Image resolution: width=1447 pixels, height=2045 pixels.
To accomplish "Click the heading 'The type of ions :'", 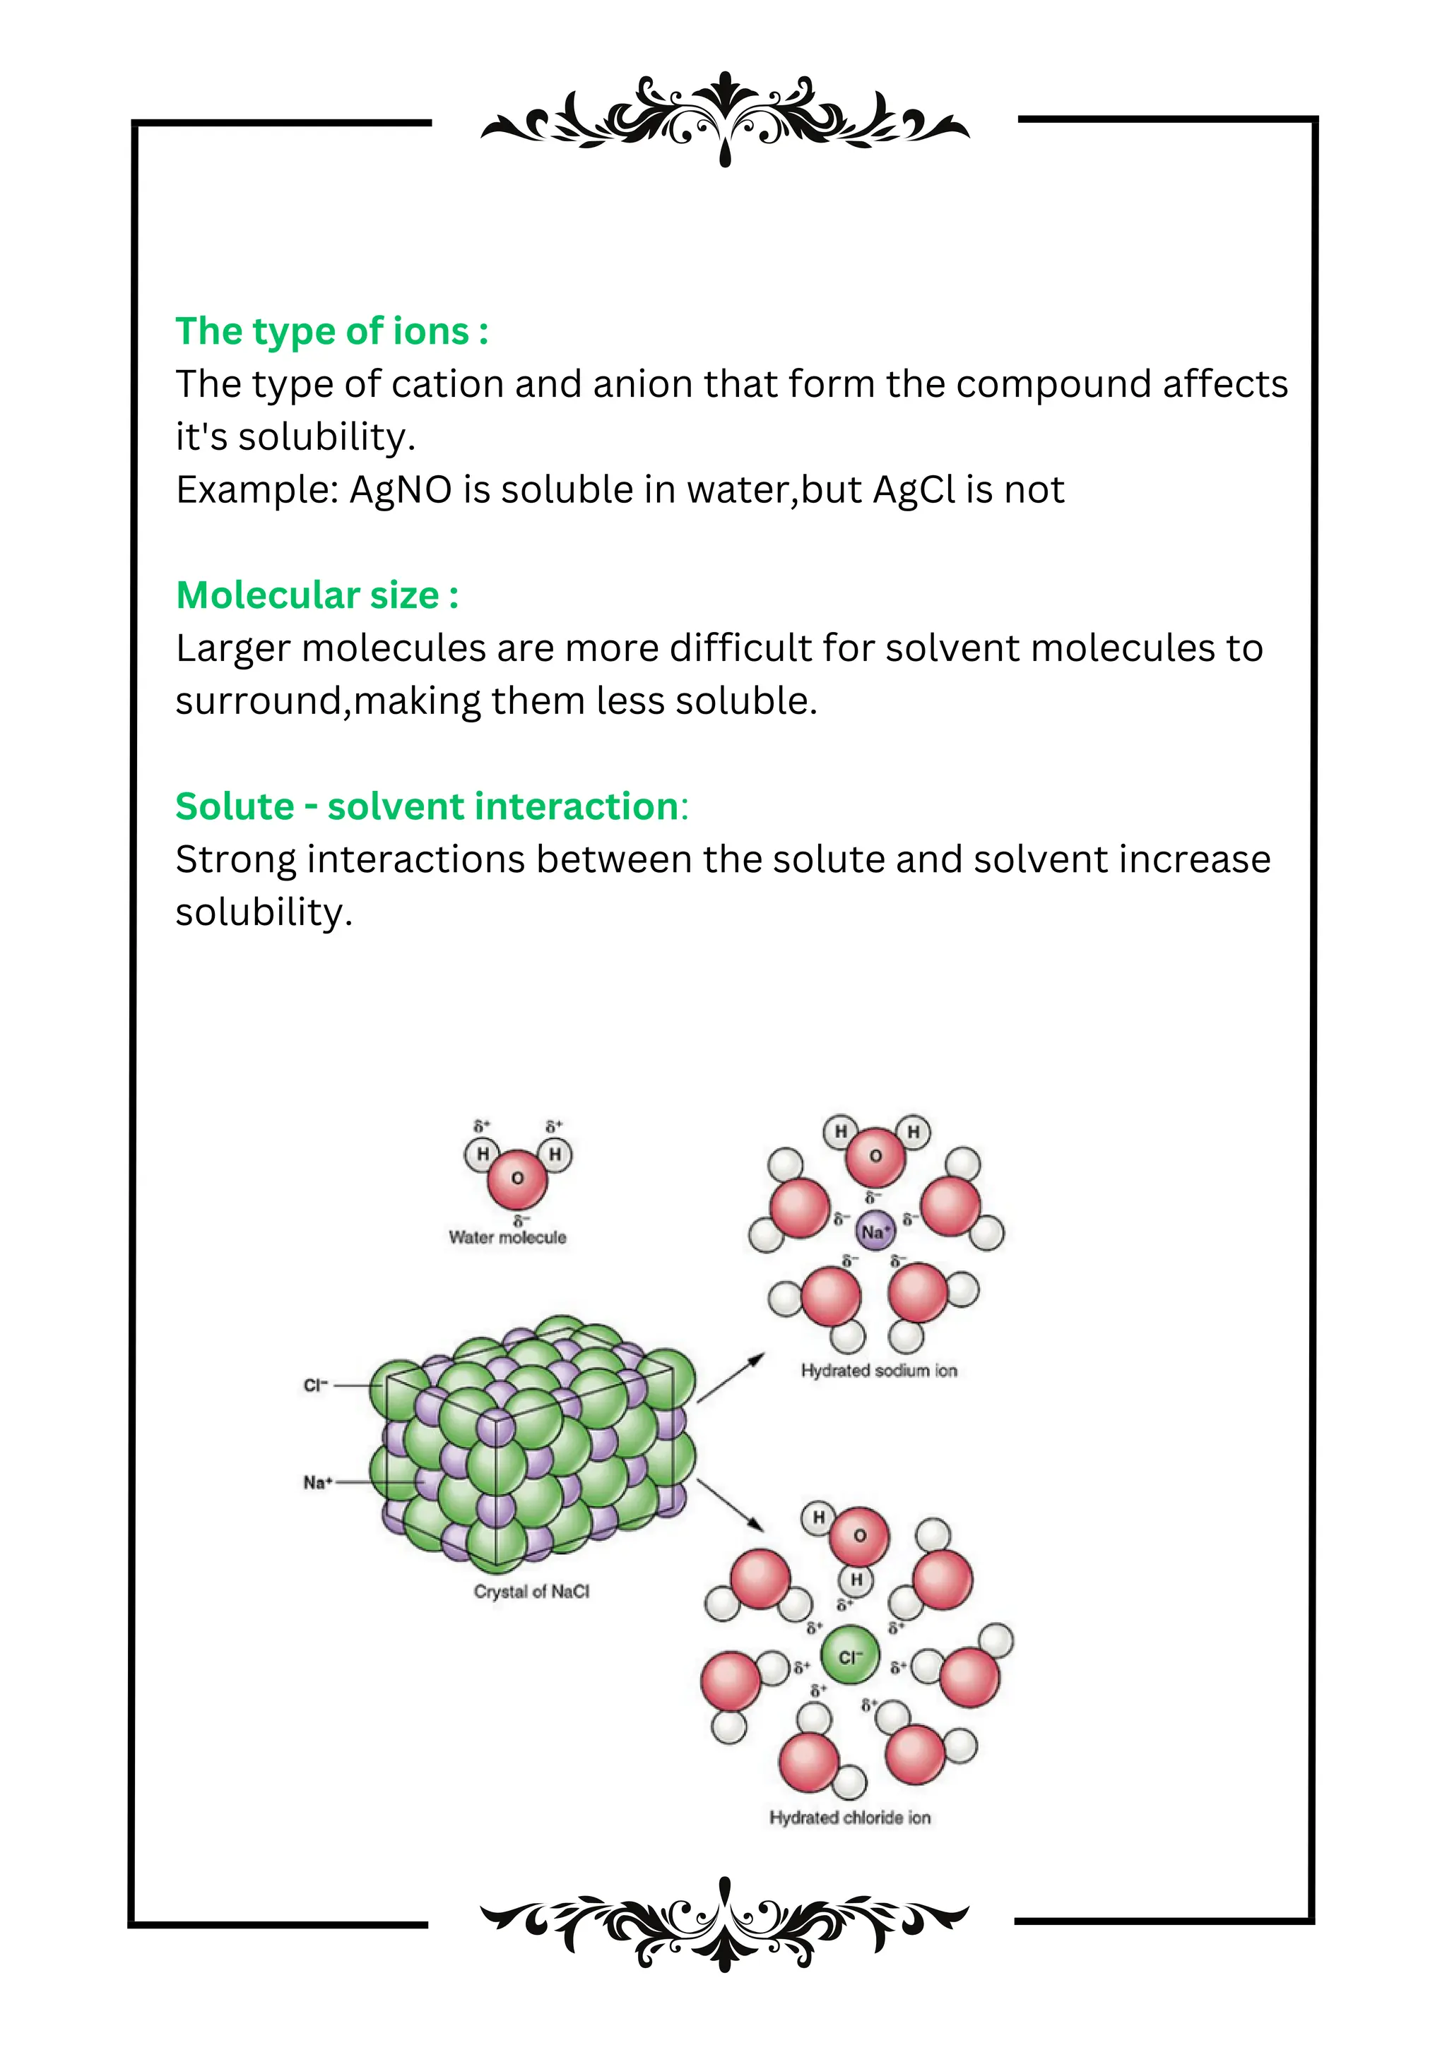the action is [331, 331].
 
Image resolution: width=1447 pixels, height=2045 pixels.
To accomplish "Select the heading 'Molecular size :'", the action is [317, 595].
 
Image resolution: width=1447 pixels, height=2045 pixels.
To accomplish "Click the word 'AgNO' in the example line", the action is [401, 490].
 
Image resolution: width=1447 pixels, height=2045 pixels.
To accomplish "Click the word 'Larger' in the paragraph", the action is [232, 648].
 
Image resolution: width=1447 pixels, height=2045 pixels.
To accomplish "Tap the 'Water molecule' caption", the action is [507, 1237].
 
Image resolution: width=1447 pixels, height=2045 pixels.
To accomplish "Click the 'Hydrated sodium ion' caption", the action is [878, 1371].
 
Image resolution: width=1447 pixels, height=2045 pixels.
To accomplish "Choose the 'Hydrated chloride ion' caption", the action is [850, 1817].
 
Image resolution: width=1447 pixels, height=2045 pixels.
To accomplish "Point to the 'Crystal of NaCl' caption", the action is [531, 1592].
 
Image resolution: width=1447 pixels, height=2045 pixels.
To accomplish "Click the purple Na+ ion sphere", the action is [874, 1232].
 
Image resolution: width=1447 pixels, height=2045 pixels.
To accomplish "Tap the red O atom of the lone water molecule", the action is [516, 1177].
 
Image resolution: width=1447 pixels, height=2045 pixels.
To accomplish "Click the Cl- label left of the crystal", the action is [315, 1385].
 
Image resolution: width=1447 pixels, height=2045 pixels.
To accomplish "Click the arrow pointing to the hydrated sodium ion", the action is [731, 1378].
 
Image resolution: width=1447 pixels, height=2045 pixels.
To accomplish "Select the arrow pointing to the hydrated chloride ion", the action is [731, 1506].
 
